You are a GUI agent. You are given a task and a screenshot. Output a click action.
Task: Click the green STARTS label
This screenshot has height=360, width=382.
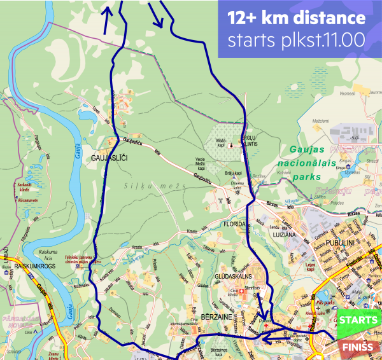pos(358,320)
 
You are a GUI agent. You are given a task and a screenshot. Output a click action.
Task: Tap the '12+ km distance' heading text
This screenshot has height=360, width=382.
pos(297,17)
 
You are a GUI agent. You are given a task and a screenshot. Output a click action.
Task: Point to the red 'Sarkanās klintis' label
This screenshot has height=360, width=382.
pos(24,186)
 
